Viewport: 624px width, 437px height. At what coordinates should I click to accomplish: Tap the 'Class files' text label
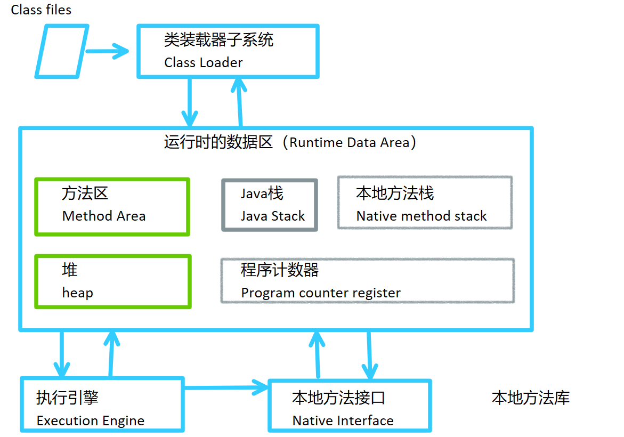coord(41,10)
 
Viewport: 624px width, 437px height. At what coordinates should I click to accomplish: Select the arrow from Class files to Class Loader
coord(107,52)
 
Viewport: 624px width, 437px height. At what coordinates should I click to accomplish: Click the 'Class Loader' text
coord(203,62)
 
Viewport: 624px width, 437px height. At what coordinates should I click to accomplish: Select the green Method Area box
coord(112,207)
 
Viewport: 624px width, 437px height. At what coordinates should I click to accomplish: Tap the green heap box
coord(112,281)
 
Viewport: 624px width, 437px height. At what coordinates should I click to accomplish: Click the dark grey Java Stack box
coord(270,205)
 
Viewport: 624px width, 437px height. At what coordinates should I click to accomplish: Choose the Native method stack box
coord(425,203)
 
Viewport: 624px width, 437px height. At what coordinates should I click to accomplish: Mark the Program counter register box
coord(367,281)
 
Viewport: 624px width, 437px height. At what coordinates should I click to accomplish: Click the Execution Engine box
coord(102,405)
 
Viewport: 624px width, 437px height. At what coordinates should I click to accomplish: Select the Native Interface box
coord(350,406)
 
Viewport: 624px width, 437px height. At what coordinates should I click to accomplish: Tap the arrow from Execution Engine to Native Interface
coord(226,386)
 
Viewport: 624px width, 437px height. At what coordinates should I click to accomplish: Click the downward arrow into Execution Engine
coord(62,354)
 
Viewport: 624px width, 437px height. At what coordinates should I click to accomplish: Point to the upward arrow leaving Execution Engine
coord(111,354)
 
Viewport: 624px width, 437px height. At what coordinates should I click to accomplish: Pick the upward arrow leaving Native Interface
coord(318,354)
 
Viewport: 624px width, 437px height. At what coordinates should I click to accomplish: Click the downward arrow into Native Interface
coord(369,354)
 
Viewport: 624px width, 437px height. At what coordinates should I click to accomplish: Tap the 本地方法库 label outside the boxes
coord(530,398)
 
